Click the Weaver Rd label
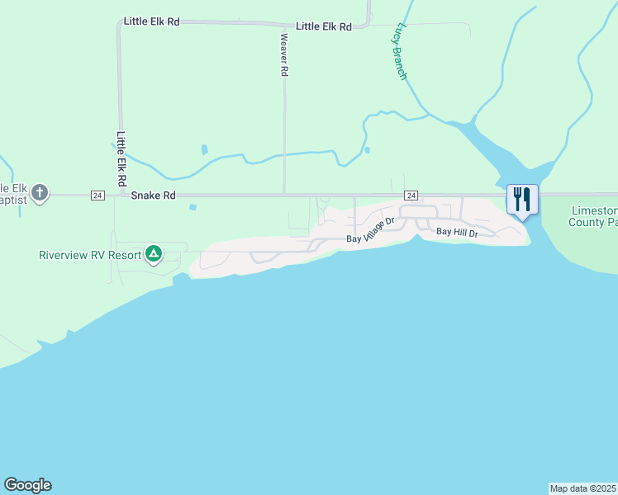[x=283, y=54]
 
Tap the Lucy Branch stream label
[x=399, y=51]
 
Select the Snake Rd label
[x=154, y=196]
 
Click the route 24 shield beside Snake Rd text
[x=97, y=196]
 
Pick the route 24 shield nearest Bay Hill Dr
[x=411, y=196]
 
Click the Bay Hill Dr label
[x=458, y=233]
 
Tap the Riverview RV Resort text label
[x=90, y=255]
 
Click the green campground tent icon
[x=153, y=254]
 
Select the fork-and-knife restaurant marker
[x=522, y=200]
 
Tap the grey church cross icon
[x=39, y=195]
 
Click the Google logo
[x=27, y=485]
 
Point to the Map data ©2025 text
[x=582, y=488]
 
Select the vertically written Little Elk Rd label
[x=121, y=158]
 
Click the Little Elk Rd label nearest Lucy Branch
[x=324, y=26]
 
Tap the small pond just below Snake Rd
[x=193, y=207]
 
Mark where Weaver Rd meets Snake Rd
[x=284, y=196]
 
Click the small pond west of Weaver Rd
[x=204, y=150]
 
